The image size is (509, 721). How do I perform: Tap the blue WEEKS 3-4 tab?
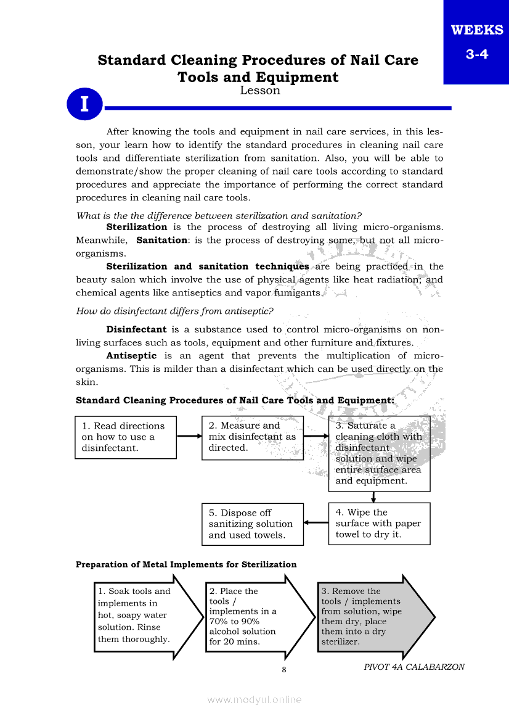coord(476,41)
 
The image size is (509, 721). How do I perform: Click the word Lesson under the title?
coord(259,91)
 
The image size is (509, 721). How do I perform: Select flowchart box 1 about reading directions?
coord(126,437)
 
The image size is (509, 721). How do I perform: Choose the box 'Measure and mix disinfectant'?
coord(253,437)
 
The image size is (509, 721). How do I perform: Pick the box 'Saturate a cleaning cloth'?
coord(379,453)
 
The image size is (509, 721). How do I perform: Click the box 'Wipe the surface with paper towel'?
coord(379,524)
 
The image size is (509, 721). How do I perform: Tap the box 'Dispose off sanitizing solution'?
coord(253,524)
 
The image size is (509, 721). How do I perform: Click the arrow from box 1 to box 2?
coord(189,436)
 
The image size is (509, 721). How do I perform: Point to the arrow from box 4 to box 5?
coord(316,523)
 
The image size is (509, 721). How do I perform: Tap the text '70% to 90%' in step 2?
coord(234,622)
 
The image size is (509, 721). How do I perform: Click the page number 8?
coord(283,670)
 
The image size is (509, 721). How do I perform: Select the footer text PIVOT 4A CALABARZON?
coord(414,667)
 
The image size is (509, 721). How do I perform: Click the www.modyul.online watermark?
coord(254,699)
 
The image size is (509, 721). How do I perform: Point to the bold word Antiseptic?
coord(131,356)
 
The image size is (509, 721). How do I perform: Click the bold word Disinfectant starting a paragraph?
coord(136,329)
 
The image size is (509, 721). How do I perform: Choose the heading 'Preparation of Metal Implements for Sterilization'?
coord(186,564)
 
